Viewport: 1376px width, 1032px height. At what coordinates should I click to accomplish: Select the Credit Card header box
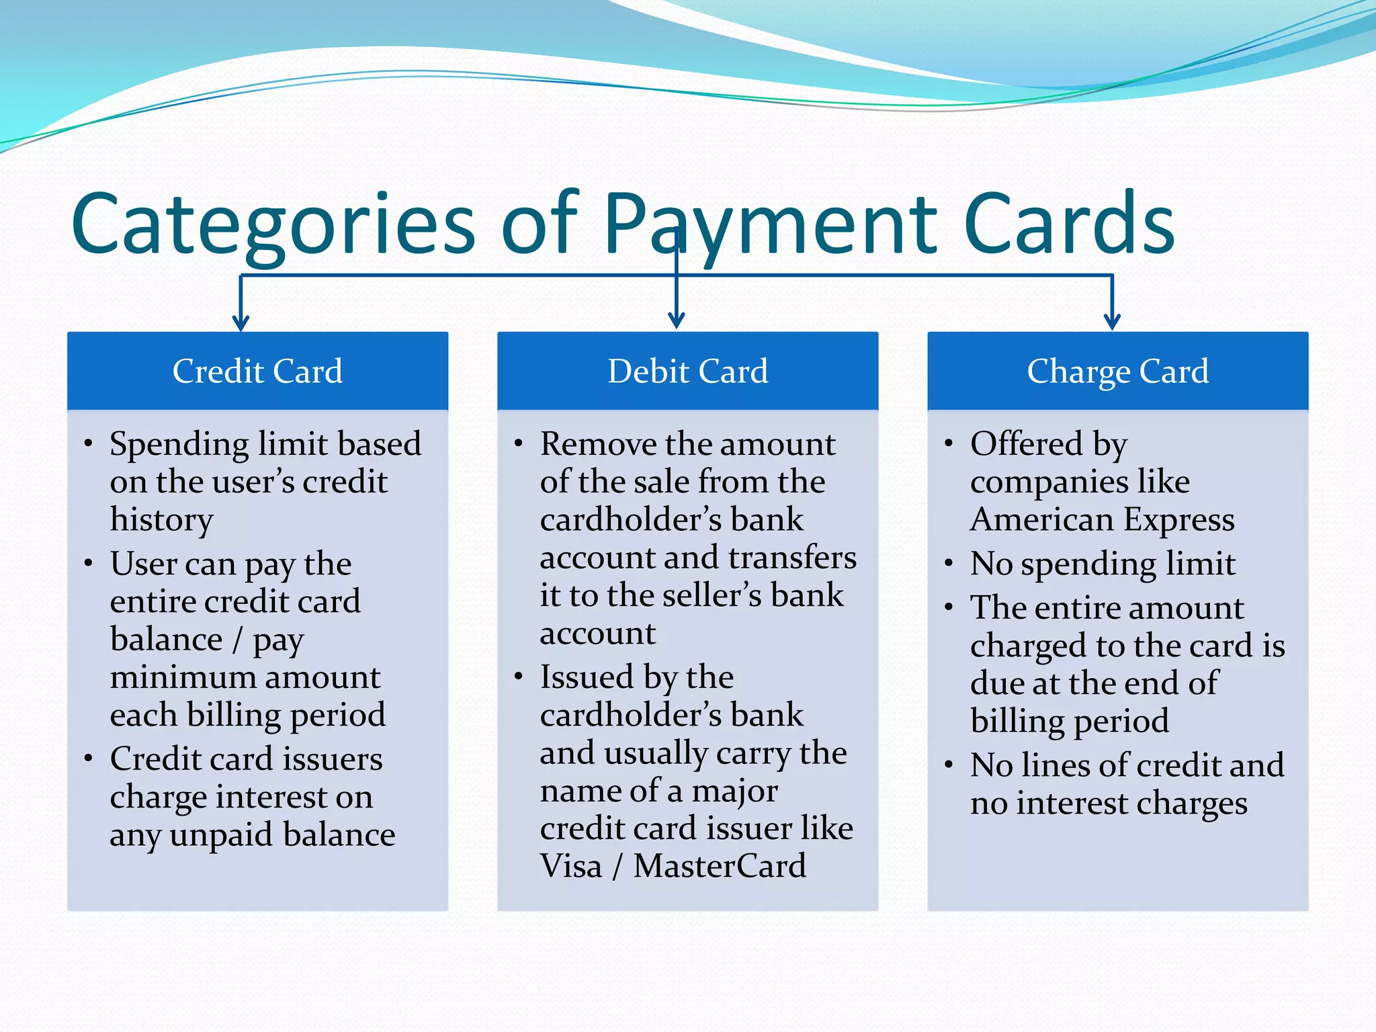point(257,371)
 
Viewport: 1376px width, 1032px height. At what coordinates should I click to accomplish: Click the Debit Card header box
point(687,371)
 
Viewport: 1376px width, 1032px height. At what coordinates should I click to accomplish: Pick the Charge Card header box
point(1117,371)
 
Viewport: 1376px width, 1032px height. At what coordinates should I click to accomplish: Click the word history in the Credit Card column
point(161,520)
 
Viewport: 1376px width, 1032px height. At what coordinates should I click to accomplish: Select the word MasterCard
point(720,866)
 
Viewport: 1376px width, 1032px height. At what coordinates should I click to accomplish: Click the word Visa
point(570,866)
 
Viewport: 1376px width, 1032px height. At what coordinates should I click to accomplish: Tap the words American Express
point(1102,520)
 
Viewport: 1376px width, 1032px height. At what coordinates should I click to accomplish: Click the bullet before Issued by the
point(518,677)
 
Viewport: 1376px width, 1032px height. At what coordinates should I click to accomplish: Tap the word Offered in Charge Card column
point(1026,444)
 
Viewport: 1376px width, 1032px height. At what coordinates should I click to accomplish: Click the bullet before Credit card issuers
point(88,759)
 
